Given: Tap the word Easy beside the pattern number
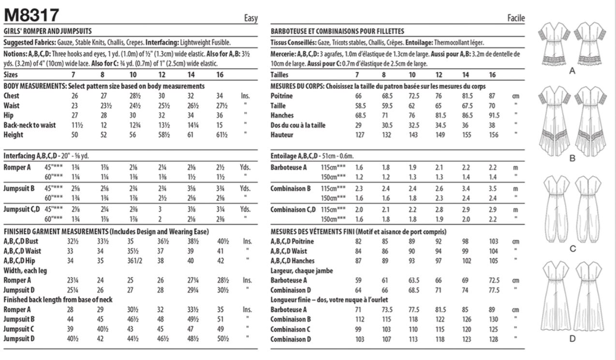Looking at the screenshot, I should pyautogui.click(x=250, y=19).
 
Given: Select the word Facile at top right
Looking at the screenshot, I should pyautogui.click(x=516, y=18).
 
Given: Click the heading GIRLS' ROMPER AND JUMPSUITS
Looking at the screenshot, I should pyautogui.click(x=47, y=31).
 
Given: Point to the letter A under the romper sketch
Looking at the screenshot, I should pyautogui.click(x=572, y=71).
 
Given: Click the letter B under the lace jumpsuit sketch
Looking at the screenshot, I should pyautogui.click(x=572, y=158).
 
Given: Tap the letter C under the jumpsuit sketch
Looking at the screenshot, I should pyautogui.click(x=572, y=249).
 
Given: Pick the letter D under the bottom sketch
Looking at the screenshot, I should pyautogui.click(x=572, y=339).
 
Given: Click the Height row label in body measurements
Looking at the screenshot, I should pyautogui.click(x=13, y=135).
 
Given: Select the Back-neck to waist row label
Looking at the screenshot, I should pyautogui.click(x=29, y=125).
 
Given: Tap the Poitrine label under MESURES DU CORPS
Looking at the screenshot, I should pyautogui.click(x=282, y=96).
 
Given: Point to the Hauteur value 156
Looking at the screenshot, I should pyautogui.click(x=492, y=135).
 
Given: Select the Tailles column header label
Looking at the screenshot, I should pyautogui.click(x=280, y=75).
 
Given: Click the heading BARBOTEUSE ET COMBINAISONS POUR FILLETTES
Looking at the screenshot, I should pyautogui.click(x=337, y=31).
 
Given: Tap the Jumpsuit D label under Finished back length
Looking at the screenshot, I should pyautogui.click(x=19, y=339).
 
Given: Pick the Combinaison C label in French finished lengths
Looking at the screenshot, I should pyautogui.click(x=291, y=330).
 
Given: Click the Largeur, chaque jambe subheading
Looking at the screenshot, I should pyautogui.click(x=302, y=271).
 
